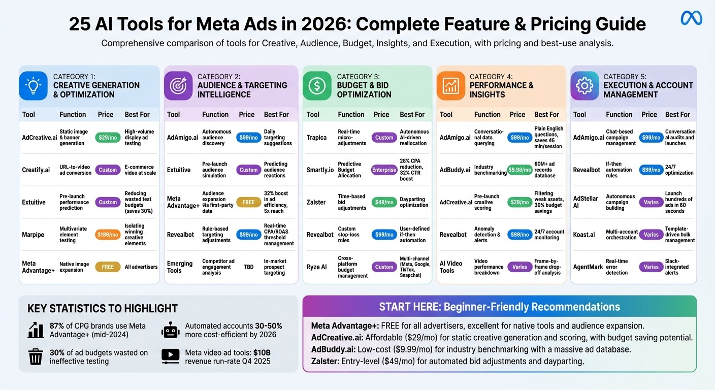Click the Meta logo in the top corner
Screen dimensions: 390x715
tap(691, 18)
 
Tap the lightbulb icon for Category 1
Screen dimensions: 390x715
tap(33, 85)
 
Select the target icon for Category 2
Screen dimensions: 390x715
tap(178, 85)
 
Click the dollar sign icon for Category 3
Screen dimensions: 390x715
tap(317, 85)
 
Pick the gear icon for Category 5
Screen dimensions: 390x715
tap(584, 85)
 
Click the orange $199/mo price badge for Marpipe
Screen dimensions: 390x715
tap(108, 235)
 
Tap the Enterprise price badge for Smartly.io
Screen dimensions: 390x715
tap(384, 170)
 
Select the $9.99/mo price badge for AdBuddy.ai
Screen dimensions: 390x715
tap(520, 170)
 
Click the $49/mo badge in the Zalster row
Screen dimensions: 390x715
tap(384, 202)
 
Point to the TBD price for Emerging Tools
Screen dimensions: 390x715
tap(248, 267)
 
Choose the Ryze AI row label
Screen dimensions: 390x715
tap(317, 267)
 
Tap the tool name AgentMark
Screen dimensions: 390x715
tap(588, 267)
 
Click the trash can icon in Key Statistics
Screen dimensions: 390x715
tap(36, 356)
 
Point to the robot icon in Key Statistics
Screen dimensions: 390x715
tap(171, 330)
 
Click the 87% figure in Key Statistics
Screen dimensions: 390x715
tap(57, 326)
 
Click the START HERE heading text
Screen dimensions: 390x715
tap(499, 307)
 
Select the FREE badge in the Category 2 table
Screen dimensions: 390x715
tap(248, 202)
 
